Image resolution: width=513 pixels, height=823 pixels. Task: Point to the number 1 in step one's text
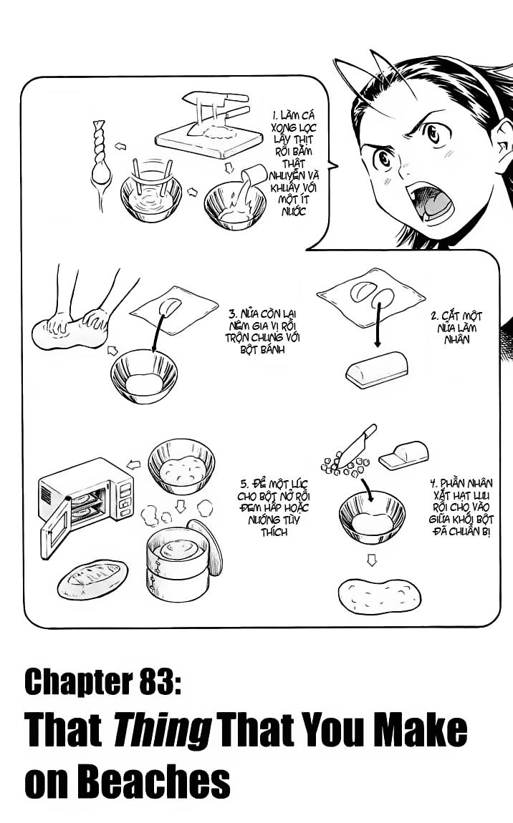tap(275, 115)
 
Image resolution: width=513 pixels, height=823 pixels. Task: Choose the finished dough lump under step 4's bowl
tap(379, 595)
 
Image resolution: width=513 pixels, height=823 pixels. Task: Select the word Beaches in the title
tap(164, 781)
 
